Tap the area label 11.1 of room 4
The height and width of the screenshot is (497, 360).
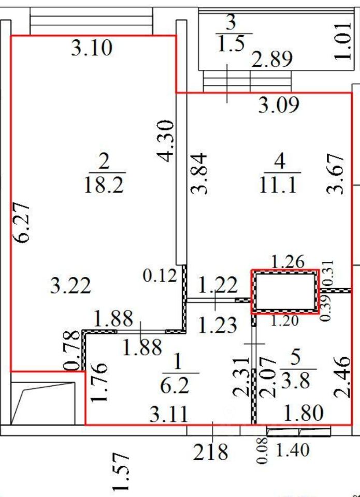pos(280,185)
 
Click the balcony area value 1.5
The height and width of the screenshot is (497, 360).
pos(231,45)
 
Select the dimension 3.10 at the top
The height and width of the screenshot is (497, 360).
pos(92,49)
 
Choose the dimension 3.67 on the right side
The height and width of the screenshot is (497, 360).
pos(336,173)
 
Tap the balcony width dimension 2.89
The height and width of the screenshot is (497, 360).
pos(272,59)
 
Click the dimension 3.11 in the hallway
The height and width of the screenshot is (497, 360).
pos(166,414)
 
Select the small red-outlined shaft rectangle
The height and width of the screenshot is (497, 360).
pos(284,291)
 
